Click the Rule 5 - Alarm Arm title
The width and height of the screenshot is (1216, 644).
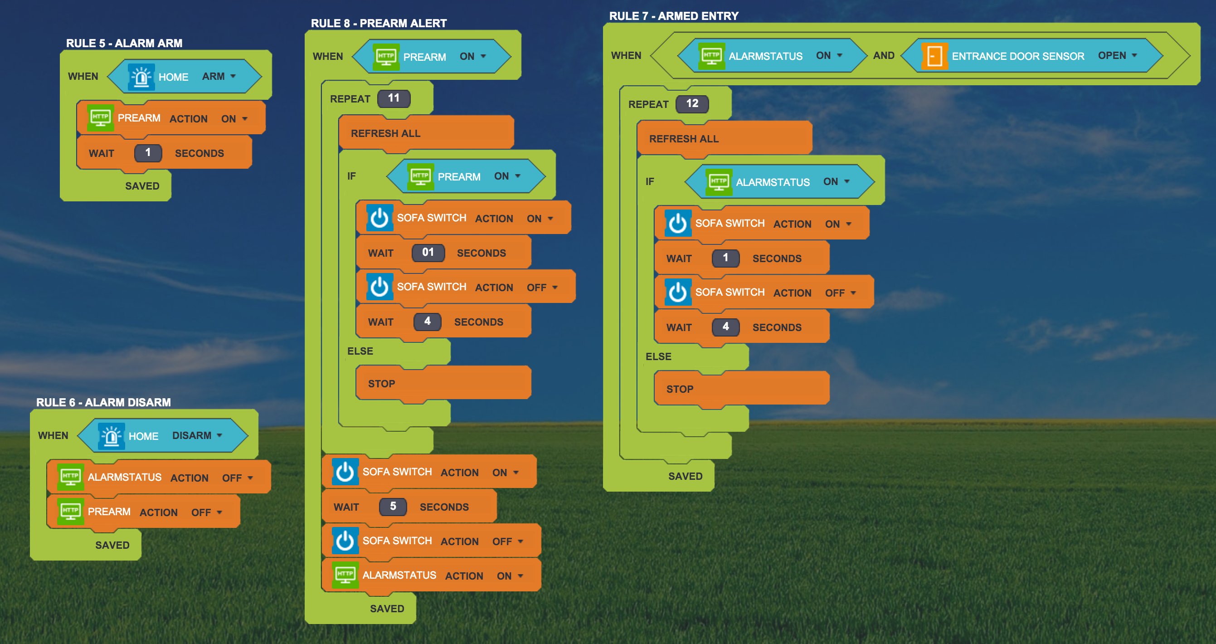(124, 43)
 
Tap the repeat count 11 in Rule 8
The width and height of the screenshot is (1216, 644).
(394, 98)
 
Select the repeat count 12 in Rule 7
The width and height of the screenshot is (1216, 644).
(692, 103)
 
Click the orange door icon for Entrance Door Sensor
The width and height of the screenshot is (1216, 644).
(934, 56)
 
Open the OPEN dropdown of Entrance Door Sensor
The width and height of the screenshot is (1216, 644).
(1117, 55)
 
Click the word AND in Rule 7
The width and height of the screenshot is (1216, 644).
(884, 55)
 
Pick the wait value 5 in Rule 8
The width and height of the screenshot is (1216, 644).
(393, 506)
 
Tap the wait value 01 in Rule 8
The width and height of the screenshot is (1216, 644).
(428, 252)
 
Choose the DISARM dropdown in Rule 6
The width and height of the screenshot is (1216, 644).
(197, 435)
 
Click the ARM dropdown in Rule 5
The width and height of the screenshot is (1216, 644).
(219, 76)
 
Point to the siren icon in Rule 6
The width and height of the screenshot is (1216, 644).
(112, 436)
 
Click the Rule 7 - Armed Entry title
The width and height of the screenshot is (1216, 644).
(674, 15)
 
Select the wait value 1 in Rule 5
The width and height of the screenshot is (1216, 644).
(148, 152)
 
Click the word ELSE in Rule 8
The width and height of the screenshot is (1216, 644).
(360, 351)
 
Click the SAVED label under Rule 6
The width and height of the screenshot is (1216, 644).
(112, 545)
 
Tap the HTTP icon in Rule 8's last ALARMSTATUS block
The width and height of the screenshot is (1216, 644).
(345, 575)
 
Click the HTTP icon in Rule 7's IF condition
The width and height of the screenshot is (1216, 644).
(719, 182)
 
